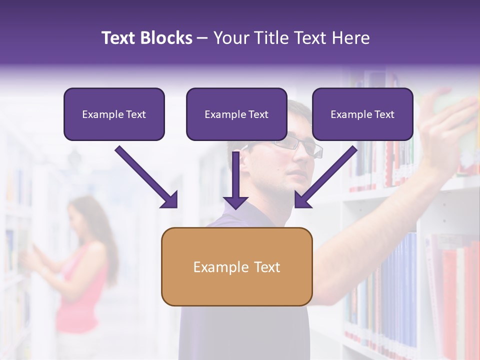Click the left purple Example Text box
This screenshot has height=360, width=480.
(114, 114)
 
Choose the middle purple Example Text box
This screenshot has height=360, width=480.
(236, 114)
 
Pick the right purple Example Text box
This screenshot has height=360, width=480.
(362, 114)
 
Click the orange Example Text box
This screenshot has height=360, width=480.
(236, 267)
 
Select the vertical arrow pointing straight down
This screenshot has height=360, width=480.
(236, 180)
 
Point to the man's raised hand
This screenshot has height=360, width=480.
(447, 125)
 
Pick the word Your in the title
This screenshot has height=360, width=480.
(231, 38)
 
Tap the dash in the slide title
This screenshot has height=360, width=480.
(202, 38)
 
